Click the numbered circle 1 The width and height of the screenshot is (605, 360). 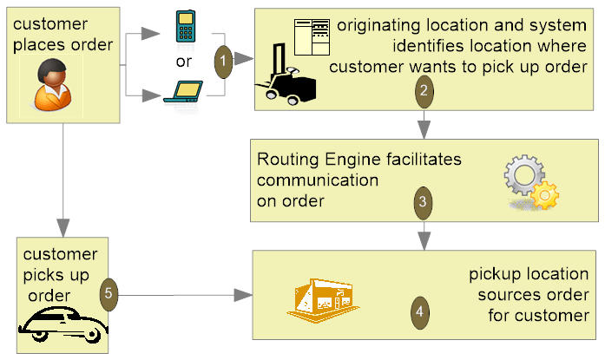[223, 62]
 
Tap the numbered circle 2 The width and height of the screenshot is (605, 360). [423, 89]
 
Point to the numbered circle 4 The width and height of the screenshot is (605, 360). [420, 310]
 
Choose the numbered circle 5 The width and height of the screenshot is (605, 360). [109, 293]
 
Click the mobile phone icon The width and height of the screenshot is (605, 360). [183, 27]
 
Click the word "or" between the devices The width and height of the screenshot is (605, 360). [184, 61]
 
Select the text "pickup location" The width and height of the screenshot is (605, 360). [529, 275]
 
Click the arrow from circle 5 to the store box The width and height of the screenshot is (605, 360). [182, 296]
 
